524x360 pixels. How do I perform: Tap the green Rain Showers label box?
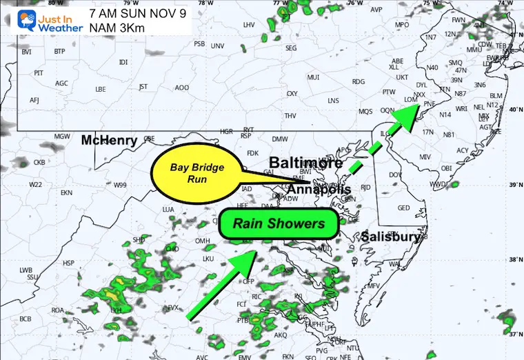pos(278,224)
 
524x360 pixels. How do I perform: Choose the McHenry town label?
pos(109,140)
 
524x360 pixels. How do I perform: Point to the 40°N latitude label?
pos(513,110)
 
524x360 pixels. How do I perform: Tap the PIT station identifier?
pos(39,72)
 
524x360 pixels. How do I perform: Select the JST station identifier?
pos(143,87)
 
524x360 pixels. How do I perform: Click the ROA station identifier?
pos(58,310)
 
